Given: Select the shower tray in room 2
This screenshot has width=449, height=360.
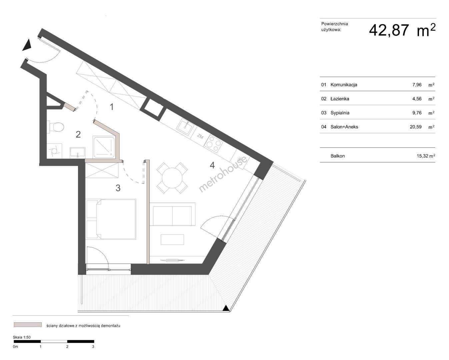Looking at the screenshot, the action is [104, 147].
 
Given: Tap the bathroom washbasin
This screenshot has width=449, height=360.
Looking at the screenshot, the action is [77, 152].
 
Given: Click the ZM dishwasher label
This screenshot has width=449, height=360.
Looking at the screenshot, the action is [200, 137].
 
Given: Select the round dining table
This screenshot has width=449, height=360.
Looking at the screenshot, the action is [172, 178].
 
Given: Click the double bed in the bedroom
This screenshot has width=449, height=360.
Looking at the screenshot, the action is [111, 219].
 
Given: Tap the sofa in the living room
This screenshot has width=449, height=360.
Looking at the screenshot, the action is [172, 214].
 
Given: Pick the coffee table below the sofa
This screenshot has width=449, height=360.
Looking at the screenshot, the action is [172, 239].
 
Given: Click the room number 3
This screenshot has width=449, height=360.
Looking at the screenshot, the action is [118, 188].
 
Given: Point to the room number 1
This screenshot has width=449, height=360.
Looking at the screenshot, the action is [112, 107].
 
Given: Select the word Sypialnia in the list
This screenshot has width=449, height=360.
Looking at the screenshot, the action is [340, 113].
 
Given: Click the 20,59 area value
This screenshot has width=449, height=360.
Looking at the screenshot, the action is [416, 127].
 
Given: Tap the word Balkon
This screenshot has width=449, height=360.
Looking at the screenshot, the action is [338, 156].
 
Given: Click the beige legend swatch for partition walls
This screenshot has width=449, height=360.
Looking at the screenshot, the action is [28, 325].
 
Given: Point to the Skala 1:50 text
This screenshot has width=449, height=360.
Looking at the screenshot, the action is [22, 337].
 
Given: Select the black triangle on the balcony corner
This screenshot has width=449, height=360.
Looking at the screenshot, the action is [225, 308].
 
